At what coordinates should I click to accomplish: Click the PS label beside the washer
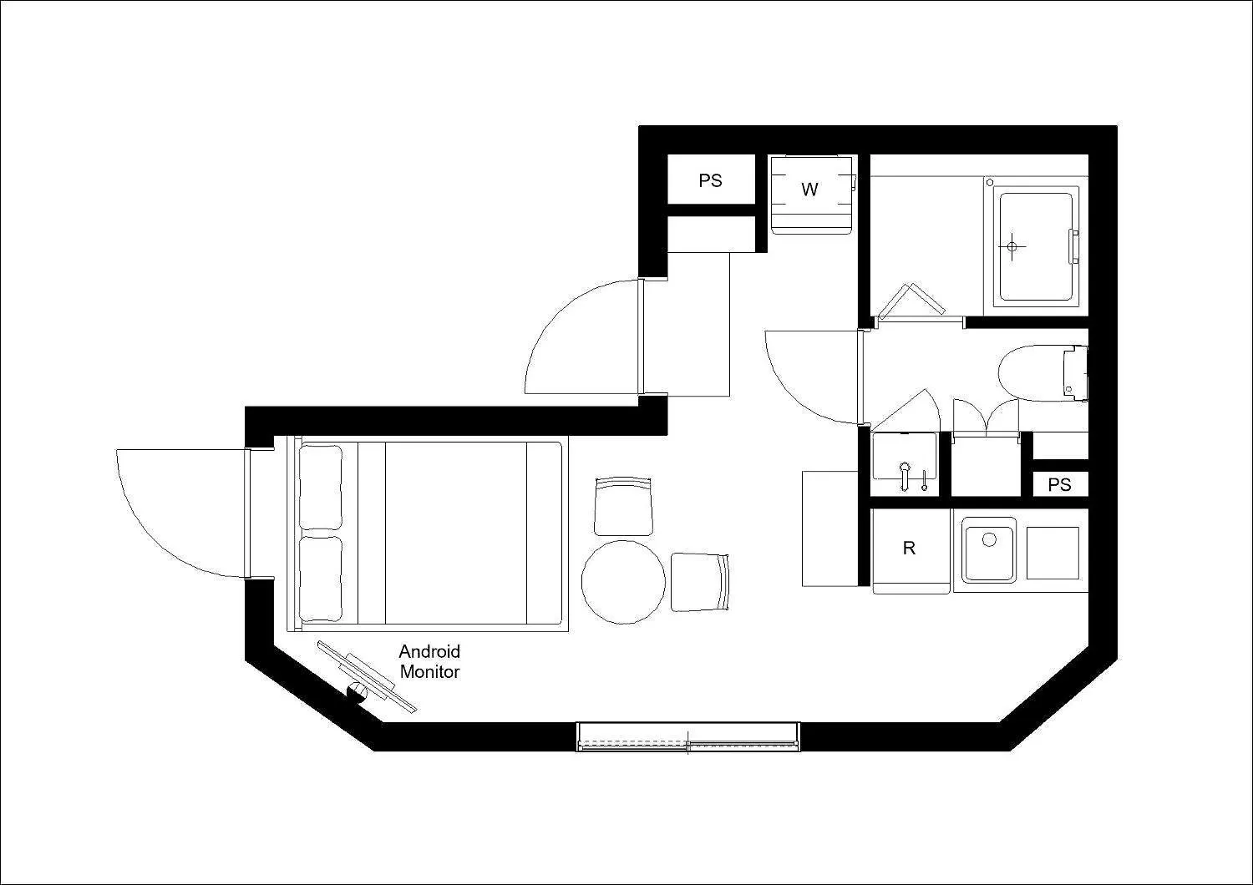tap(710, 180)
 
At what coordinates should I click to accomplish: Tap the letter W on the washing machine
tap(809, 190)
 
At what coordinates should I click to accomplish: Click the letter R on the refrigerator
tap(909, 548)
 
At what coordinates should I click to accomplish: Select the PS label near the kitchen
tap(1059, 484)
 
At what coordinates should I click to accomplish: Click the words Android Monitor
tap(429, 661)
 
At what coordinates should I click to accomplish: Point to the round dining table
tap(623, 582)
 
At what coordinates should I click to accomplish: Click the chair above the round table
tap(623, 506)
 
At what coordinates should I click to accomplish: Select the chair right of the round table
tap(700, 582)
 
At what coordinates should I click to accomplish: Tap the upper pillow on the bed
tap(321, 487)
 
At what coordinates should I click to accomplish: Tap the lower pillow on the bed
tap(321, 579)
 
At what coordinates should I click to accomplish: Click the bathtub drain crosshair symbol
tap(1012, 246)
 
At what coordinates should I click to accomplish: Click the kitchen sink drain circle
tap(989, 539)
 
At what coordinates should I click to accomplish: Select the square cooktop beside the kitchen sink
tap(1053, 553)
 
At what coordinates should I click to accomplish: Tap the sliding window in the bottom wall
tap(688, 737)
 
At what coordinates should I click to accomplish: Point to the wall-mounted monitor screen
tap(367, 676)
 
